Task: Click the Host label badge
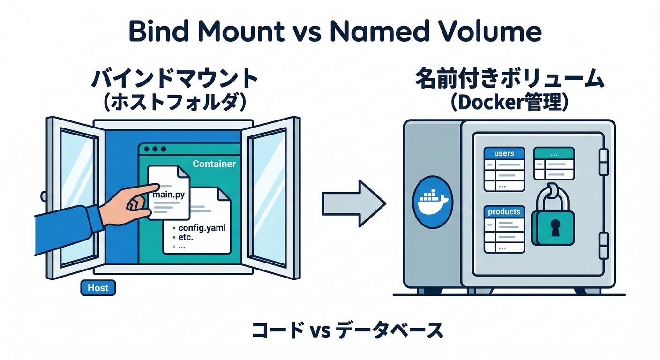click(x=98, y=288)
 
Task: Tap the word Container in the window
click(x=214, y=164)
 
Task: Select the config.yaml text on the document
click(x=202, y=228)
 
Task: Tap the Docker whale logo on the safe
click(x=432, y=202)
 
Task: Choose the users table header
click(x=504, y=153)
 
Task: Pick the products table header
click(x=504, y=212)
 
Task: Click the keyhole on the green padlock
click(x=555, y=228)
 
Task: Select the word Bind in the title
click(x=157, y=32)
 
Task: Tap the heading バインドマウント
click(x=174, y=80)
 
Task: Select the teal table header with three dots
click(x=554, y=153)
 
